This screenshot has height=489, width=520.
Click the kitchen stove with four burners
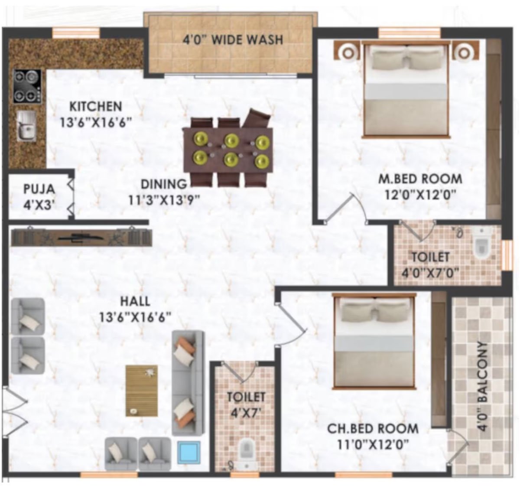click(x=27, y=86)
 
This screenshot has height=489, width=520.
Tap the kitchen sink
click(x=27, y=126)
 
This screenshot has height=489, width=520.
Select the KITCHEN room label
click(x=96, y=107)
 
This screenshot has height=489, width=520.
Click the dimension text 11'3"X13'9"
click(x=164, y=200)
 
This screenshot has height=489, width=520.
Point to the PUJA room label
click(x=39, y=189)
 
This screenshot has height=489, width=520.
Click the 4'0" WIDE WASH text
click(x=233, y=40)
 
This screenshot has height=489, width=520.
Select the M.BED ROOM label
click(x=420, y=179)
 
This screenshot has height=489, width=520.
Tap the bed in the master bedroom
click(x=406, y=89)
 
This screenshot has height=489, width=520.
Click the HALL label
click(x=135, y=301)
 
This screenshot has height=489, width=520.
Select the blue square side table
click(x=189, y=452)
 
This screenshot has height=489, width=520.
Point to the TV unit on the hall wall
click(x=81, y=238)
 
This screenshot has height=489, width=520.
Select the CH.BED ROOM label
click(x=373, y=429)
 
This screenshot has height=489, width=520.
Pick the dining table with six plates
click(x=228, y=150)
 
